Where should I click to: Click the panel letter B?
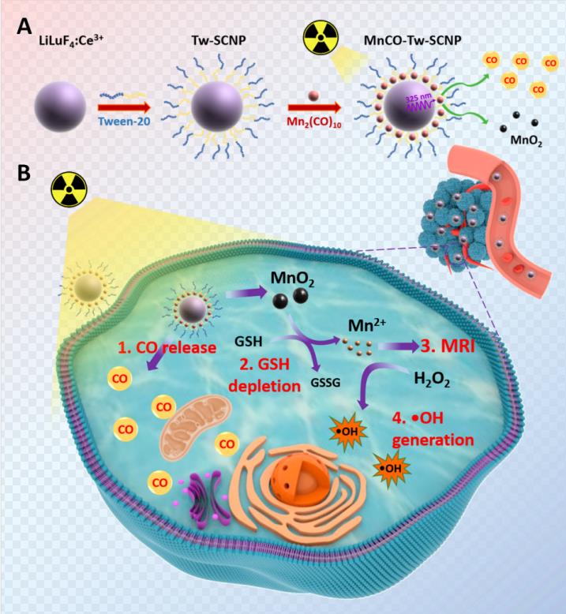(x=24, y=173)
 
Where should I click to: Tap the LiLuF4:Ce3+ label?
(x=71, y=41)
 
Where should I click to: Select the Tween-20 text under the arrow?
(x=124, y=121)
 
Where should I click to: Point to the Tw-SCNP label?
(x=219, y=40)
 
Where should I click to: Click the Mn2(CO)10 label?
(x=314, y=122)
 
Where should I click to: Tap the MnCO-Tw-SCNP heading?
(x=412, y=40)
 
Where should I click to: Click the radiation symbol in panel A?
(x=320, y=38)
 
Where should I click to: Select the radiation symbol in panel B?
(x=69, y=189)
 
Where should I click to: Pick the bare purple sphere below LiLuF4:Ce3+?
(x=60, y=107)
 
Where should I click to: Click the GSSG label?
(x=325, y=382)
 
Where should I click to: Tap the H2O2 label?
(x=432, y=379)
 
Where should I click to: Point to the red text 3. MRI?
(x=448, y=346)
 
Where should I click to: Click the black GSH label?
(x=249, y=341)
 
